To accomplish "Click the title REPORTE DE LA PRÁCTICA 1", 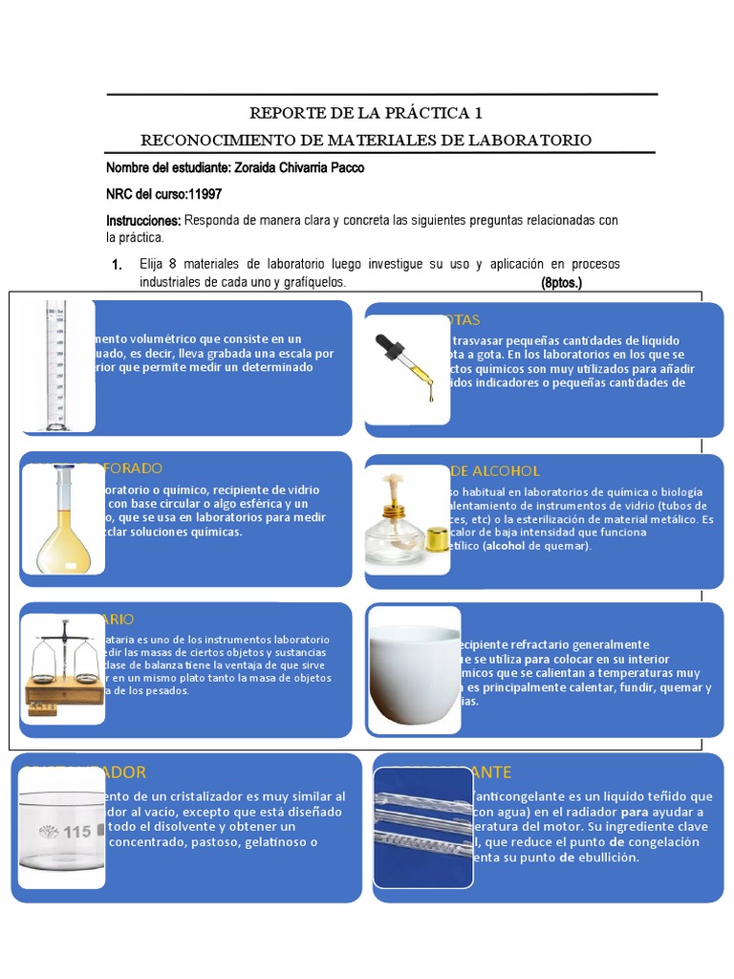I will click(367, 113).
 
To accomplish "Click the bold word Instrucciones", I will click(143, 221).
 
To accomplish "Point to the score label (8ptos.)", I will click(561, 284).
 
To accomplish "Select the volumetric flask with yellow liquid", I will click(66, 521).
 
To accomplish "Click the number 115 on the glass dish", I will click(76, 832).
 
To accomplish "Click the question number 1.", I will click(117, 265).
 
